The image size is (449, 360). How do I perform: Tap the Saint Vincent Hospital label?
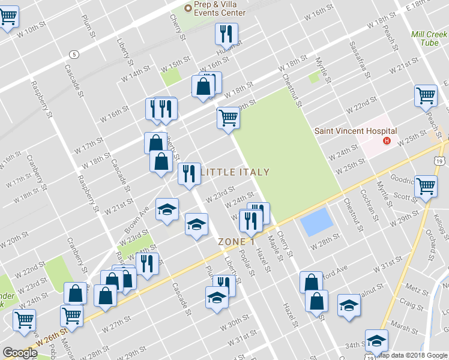(x=356, y=131)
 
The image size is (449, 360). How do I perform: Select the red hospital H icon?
(x=387, y=142)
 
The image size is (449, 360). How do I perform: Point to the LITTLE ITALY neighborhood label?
(x=235, y=172)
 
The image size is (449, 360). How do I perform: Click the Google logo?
(x=20, y=353)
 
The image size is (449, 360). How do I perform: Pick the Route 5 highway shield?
(x=73, y=54)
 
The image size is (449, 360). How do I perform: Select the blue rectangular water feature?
(x=316, y=221)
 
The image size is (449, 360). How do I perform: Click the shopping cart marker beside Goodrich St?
(x=425, y=186)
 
